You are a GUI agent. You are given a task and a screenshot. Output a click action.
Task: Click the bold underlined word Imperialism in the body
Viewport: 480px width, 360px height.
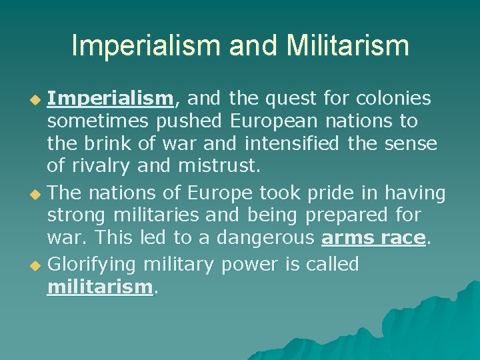[x=111, y=99]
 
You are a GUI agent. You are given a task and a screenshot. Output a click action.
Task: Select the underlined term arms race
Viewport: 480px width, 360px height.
[x=373, y=239]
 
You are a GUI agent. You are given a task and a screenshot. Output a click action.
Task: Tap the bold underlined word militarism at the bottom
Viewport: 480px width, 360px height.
[x=100, y=287]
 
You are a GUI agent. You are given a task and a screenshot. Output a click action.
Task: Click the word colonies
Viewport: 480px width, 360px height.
[x=393, y=99]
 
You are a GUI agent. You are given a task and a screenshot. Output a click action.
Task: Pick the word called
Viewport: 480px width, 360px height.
[x=332, y=264]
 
